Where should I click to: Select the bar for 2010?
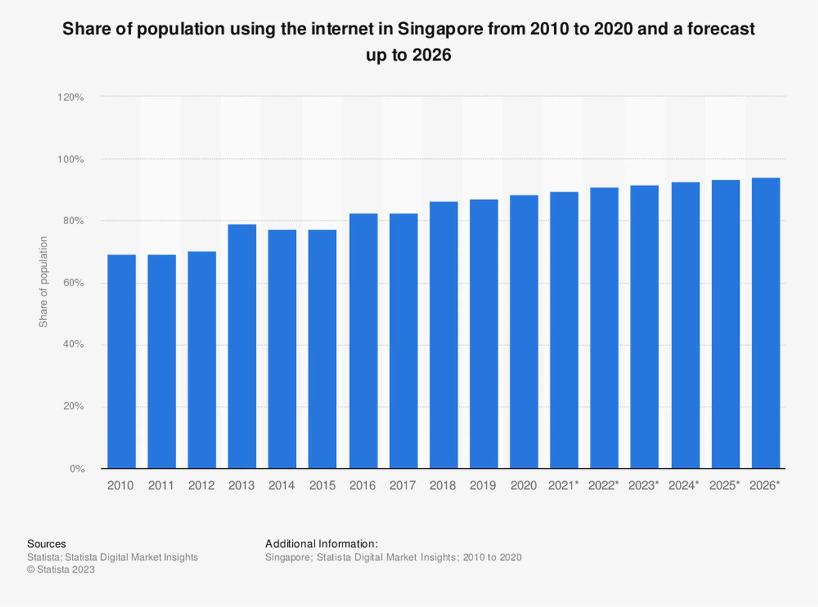(x=121, y=362)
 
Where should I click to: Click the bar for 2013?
(x=242, y=346)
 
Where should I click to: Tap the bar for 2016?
(x=363, y=341)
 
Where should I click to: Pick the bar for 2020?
(x=524, y=332)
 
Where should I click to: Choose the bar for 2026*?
(x=766, y=323)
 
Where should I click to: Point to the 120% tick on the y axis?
(x=71, y=97)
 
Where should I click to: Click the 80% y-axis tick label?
(x=73, y=221)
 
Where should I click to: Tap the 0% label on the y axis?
(x=77, y=469)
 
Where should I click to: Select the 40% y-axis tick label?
(x=73, y=344)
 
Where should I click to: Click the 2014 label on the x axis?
(x=281, y=486)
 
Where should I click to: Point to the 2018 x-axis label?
(x=442, y=486)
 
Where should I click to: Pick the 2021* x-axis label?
(x=563, y=486)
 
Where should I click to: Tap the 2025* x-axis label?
(x=724, y=486)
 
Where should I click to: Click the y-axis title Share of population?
(x=43, y=282)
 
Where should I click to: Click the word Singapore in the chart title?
(x=440, y=29)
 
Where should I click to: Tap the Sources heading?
(x=46, y=544)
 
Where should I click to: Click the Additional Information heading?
(x=321, y=544)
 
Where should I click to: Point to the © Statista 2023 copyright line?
(x=61, y=570)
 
